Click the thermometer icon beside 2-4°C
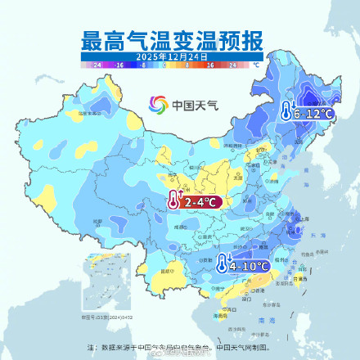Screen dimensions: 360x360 tap(173, 201)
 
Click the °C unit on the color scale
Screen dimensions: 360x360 tap(255, 63)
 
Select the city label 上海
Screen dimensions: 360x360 tap(304, 219)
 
